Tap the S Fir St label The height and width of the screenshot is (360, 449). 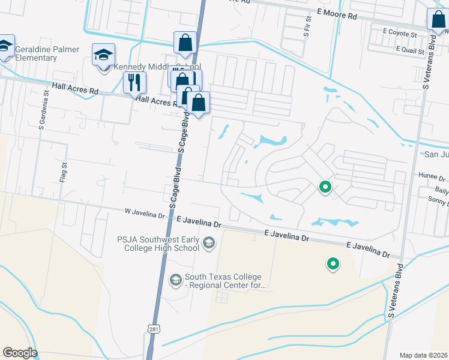[x=306, y=28]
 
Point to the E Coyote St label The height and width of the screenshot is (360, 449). [x=399, y=35]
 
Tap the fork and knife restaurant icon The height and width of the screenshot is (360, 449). [x=134, y=82]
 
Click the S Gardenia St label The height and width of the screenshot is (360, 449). [x=42, y=115]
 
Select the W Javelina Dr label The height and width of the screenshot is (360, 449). [x=145, y=214]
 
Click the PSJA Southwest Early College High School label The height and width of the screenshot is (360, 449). [x=158, y=243]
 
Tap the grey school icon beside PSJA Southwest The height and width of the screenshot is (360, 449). [x=209, y=242]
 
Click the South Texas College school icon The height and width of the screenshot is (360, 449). [x=175, y=280]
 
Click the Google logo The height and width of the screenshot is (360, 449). [x=19, y=353]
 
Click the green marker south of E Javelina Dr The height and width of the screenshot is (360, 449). [x=332, y=263]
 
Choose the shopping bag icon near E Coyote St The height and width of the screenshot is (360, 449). [x=438, y=19]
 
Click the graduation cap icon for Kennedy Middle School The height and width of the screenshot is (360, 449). [x=103, y=55]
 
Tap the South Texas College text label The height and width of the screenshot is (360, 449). [x=225, y=281]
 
